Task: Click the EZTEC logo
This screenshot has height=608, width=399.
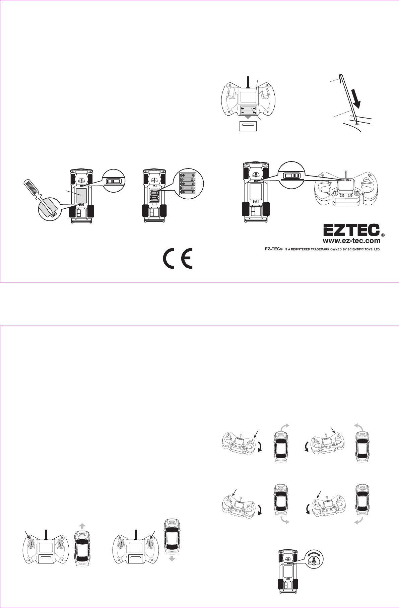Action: (351, 230)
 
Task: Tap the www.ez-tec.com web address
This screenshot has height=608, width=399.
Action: (351, 241)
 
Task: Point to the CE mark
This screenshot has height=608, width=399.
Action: (178, 258)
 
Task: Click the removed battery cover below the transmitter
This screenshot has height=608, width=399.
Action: (247, 127)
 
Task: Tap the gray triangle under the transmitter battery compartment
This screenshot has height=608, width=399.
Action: (248, 117)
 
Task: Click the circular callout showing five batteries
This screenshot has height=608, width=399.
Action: (188, 185)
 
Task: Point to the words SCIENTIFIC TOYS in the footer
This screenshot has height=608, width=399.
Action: (359, 249)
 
